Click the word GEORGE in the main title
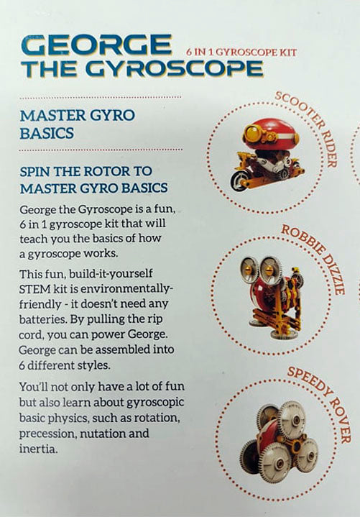tap(96, 45)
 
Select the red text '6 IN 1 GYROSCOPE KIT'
tap(241, 52)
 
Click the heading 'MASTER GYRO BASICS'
tap(77, 124)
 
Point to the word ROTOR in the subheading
tap(106, 171)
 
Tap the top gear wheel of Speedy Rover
tap(293, 417)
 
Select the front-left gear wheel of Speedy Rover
tap(277, 458)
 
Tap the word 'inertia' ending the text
tap(38, 449)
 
